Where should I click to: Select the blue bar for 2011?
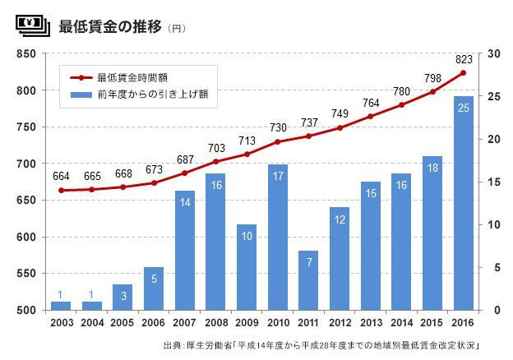[308, 280]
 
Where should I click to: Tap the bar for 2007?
[185, 251]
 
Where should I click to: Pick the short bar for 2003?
[61, 306]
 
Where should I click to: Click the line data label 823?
[464, 59]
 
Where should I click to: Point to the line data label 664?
[61, 177]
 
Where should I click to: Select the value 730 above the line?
[278, 127]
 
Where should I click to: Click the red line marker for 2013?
[370, 117]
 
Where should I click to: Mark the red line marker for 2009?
[247, 154]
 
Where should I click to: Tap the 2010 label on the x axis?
[278, 323]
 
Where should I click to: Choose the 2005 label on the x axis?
[122, 323]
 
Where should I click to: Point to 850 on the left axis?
[26, 54]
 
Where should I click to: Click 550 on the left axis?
[26, 274]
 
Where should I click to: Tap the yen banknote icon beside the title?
[32, 25]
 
